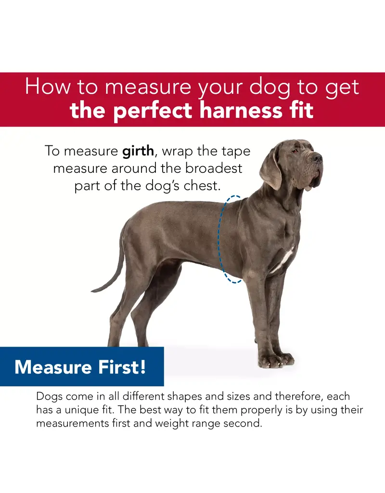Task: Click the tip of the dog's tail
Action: [94, 291]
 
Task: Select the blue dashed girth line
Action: [220, 241]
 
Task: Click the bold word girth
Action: [138, 151]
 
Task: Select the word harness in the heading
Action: [247, 110]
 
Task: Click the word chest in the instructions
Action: [203, 185]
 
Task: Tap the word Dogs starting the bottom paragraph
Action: [50, 397]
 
